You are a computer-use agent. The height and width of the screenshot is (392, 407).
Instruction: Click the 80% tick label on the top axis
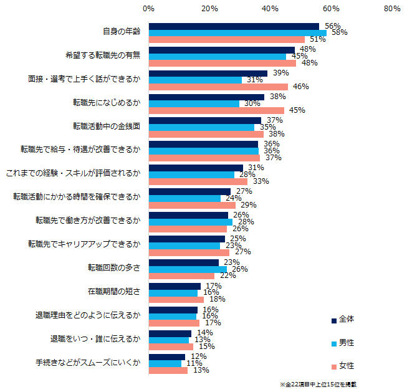(x=392, y=9)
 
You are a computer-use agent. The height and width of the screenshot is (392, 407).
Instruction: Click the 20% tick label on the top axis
(x=209, y=9)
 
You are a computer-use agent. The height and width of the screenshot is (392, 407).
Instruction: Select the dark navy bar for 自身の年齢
(x=234, y=26)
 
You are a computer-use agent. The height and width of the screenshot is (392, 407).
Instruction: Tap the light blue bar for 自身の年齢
(x=237, y=32)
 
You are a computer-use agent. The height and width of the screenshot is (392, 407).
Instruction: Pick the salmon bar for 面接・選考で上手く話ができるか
(x=218, y=87)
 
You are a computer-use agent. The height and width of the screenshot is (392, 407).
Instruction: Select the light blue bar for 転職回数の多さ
(x=188, y=269)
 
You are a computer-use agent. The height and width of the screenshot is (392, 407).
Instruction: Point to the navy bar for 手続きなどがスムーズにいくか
(x=166, y=357)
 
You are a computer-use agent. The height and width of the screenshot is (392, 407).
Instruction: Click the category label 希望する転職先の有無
(x=107, y=55)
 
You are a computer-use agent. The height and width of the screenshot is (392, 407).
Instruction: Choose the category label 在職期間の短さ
(x=115, y=292)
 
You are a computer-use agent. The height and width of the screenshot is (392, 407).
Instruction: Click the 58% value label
(x=339, y=32)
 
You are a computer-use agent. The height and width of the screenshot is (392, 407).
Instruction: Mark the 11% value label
(x=194, y=363)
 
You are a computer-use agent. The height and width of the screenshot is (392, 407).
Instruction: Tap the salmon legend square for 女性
(x=333, y=366)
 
